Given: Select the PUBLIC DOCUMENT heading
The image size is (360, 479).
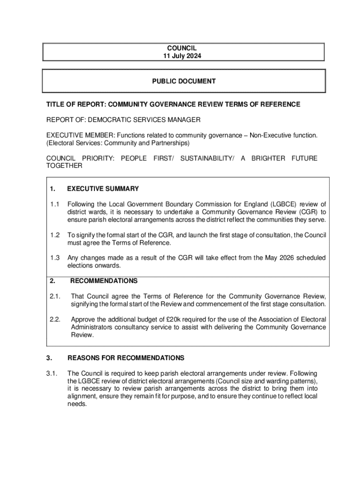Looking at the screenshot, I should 184,81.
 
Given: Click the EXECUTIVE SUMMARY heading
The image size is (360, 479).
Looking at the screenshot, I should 103,189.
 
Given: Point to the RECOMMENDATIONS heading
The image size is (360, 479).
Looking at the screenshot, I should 104,281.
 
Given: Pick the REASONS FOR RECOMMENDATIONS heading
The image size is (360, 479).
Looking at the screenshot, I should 126,358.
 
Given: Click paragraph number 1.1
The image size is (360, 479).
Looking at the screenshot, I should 55,204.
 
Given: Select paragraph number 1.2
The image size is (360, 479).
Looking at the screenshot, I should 55,235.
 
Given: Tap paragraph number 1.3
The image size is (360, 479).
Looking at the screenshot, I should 55,258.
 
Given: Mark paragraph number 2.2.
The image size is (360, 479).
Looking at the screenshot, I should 56,319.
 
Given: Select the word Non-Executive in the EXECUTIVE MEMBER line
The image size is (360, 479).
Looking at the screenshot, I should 268,135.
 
